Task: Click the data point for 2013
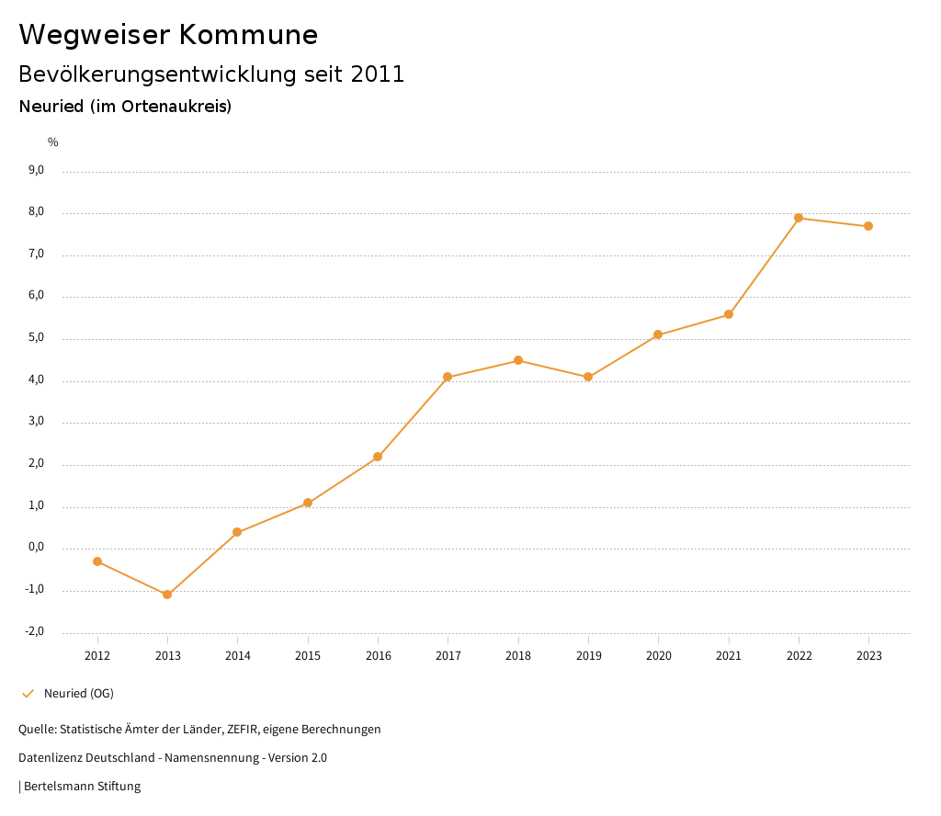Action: click(x=167, y=595)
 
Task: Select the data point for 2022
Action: click(x=799, y=218)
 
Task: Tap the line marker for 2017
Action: click(x=448, y=377)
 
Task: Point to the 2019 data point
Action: click(x=588, y=377)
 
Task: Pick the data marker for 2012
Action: click(x=97, y=561)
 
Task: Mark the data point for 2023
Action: click(x=868, y=226)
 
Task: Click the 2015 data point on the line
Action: click(x=308, y=503)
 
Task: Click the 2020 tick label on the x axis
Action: click(x=658, y=656)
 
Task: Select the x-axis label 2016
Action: click(x=378, y=656)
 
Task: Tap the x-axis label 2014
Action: click(x=237, y=656)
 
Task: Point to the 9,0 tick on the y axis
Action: click(x=36, y=170)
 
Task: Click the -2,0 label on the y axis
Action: click(x=34, y=631)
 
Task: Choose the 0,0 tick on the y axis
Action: click(x=36, y=548)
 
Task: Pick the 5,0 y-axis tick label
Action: click(x=36, y=338)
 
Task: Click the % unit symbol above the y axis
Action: click(x=53, y=142)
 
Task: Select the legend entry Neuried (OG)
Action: click(x=78, y=693)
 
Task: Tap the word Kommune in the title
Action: click(x=248, y=35)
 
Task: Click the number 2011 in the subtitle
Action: click(x=378, y=74)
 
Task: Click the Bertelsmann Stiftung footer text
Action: click(x=82, y=787)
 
